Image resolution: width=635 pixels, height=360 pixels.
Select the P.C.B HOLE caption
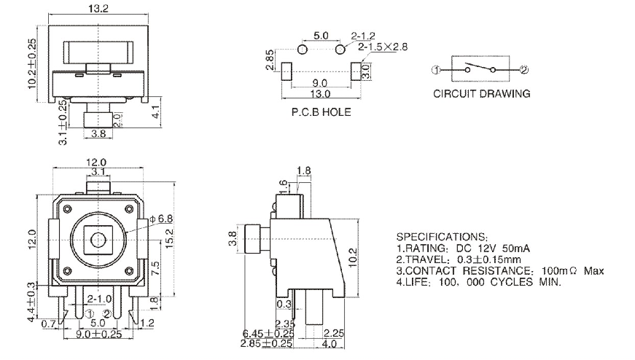321,112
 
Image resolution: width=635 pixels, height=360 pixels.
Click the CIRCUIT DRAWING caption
482,94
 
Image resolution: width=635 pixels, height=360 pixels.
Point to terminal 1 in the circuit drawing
435,70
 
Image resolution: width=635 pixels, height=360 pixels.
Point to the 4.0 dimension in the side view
330,343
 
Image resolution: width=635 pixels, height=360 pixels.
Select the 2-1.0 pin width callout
98,300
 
